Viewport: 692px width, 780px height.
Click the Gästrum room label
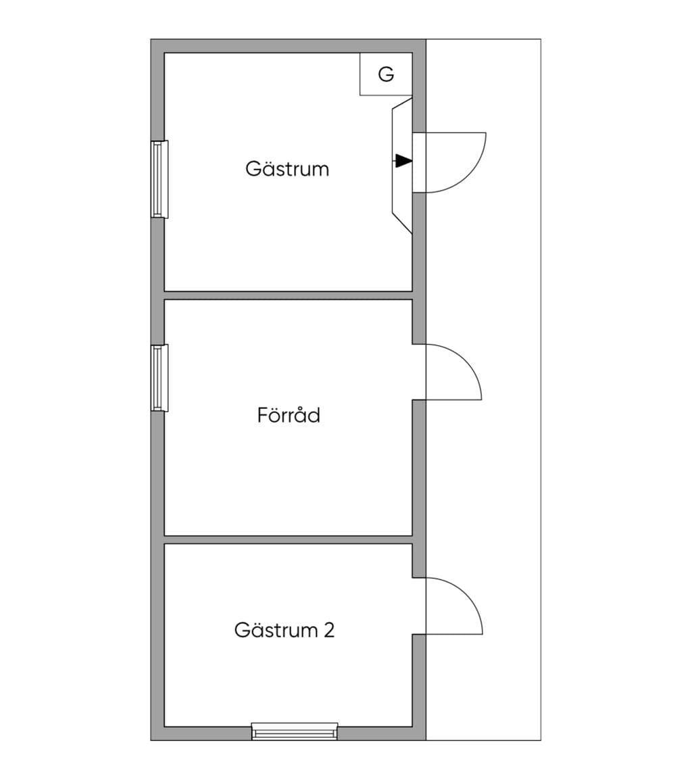point(287,168)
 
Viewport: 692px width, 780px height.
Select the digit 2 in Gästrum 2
point(329,630)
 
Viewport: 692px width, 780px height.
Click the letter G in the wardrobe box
point(386,74)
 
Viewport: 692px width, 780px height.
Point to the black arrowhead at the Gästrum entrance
point(404,161)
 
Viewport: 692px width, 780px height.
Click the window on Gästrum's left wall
point(159,179)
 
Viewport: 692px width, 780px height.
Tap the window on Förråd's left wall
point(159,378)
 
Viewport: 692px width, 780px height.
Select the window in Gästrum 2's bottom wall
point(295,731)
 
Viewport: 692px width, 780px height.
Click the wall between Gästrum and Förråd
point(289,295)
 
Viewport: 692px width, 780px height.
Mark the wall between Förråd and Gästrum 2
point(289,540)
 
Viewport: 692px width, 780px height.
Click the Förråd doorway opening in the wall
point(420,372)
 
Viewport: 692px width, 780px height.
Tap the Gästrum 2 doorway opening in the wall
point(420,606)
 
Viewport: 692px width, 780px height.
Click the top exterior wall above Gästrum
point(289,46)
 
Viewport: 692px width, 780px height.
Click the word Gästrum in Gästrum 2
point(276,630)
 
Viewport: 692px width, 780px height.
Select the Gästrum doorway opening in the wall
point(420,163)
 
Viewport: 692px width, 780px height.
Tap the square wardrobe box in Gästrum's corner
point(386,74)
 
